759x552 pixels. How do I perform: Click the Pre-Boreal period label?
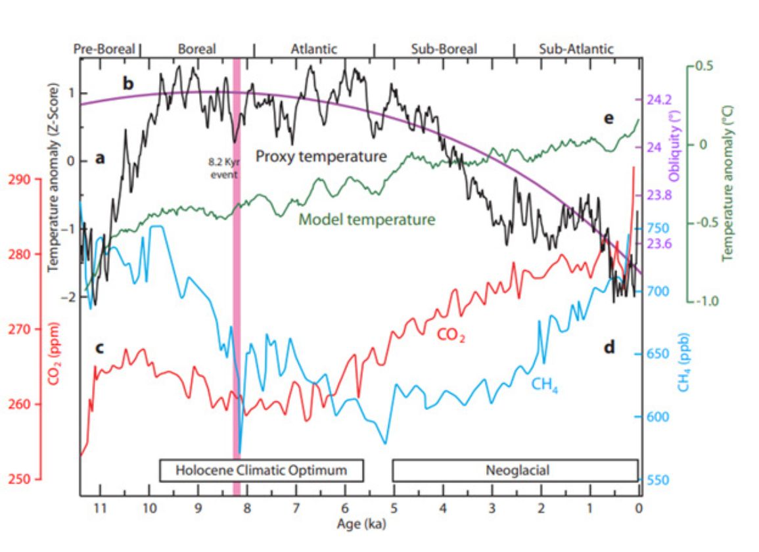[104, 49]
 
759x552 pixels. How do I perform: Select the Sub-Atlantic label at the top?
[576, 49]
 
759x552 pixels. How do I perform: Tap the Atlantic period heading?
[313, 49]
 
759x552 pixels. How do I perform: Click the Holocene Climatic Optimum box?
[262, 470]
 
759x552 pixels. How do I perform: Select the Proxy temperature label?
[320, 156]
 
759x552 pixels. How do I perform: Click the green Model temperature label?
[367, 219]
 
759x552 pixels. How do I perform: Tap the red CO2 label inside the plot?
[451, 336]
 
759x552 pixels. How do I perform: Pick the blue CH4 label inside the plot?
[545, 383]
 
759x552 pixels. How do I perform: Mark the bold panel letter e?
[609, 118]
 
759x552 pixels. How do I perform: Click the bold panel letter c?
[99, 348]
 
